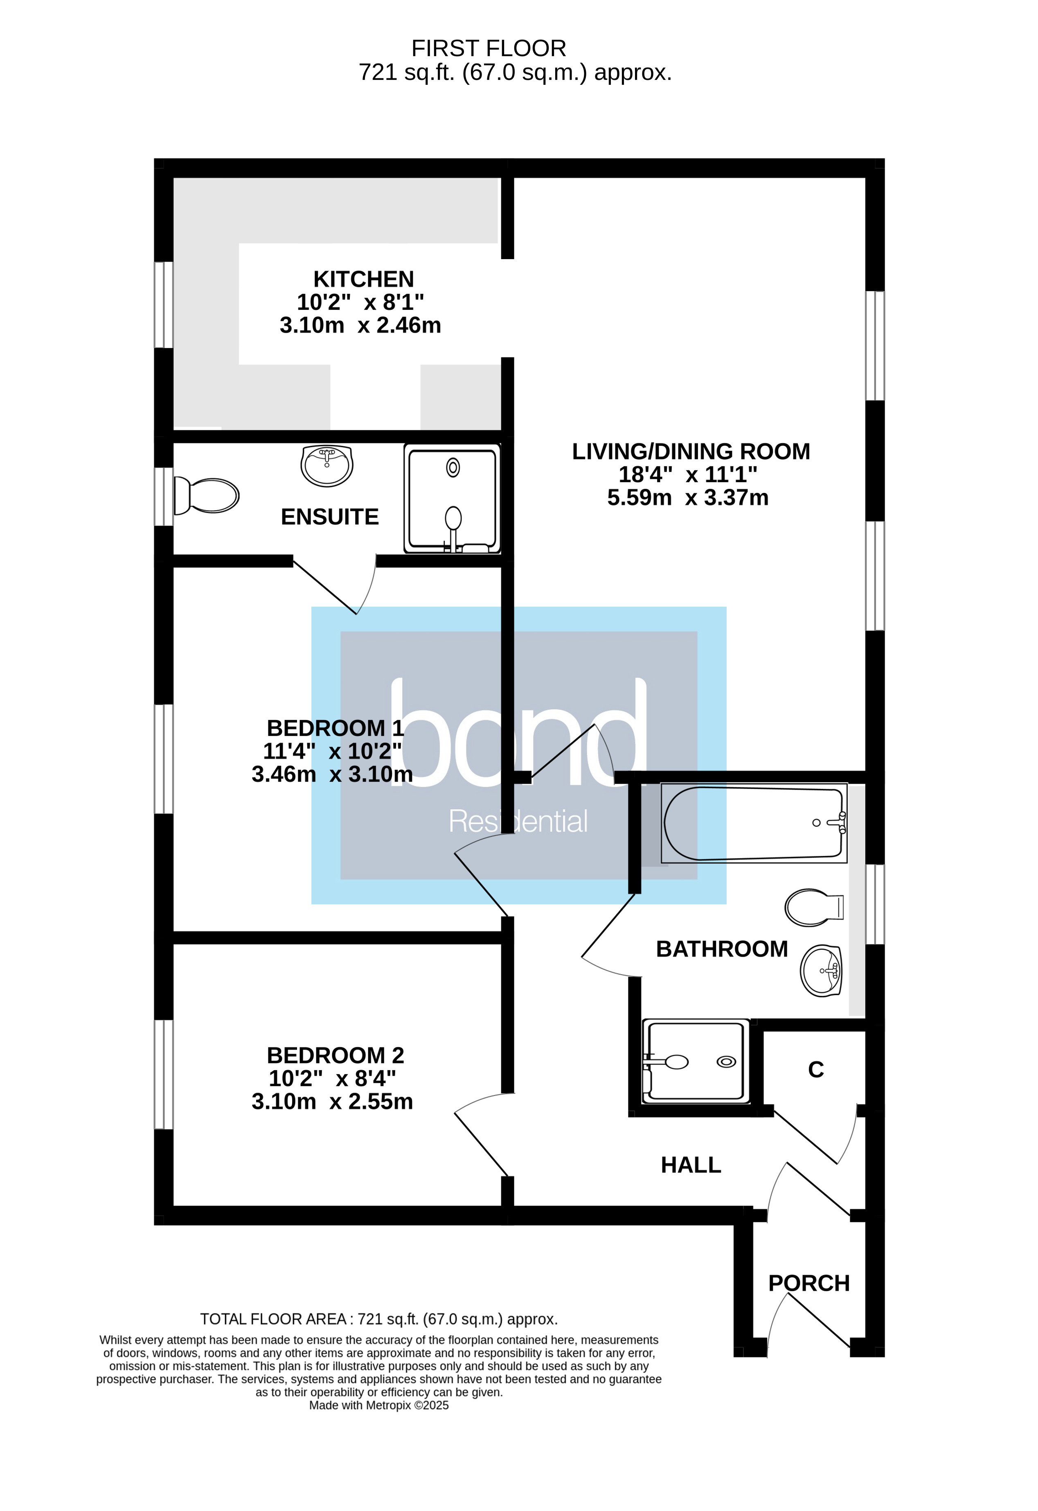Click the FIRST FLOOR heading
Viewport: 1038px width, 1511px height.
tap(489, 49)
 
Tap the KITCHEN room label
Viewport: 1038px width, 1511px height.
tap(363, 279)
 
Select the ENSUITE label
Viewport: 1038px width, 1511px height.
tap(330, 517)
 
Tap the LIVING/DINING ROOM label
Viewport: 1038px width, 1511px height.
tap(691, 452)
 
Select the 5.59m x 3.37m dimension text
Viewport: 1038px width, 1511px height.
tap(687, 498)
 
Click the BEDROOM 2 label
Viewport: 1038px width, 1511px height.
tap(335, 1055)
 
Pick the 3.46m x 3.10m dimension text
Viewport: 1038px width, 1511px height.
tap(332, 775)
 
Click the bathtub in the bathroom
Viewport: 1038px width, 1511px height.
tap(753, 823)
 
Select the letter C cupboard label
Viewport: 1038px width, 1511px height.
tap(815, 1070)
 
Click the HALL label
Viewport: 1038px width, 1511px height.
tap(691, 1165)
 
